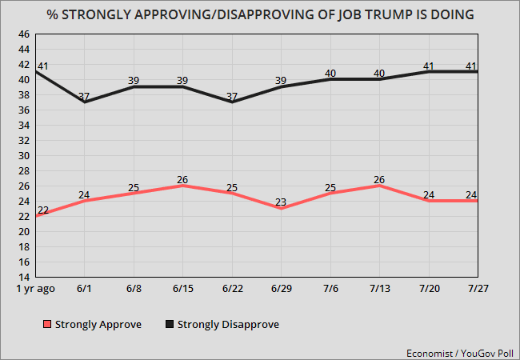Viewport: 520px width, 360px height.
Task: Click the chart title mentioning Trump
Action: pyautogui.click(x=260, y=14)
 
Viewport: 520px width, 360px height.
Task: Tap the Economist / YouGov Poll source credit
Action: pyautogui.click(x=461, y=350)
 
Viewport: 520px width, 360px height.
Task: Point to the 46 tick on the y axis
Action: pyautogui.click(x=24, y=34)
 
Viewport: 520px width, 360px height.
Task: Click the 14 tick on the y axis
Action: pyautogui.click(x=24, y=277)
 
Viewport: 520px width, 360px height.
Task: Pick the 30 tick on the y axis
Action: pyautogui.click(x=24, y=156)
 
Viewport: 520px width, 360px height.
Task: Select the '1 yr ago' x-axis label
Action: pyautogui.click(x=35, y=289)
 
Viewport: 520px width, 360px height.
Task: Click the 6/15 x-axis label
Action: pyautogui.click(x=182, y=289)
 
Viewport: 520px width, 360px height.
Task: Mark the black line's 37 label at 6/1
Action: pyautogui.click(x=84, y=96)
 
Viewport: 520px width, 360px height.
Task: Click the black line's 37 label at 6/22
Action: pyautogui.click(x=231, y=96)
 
